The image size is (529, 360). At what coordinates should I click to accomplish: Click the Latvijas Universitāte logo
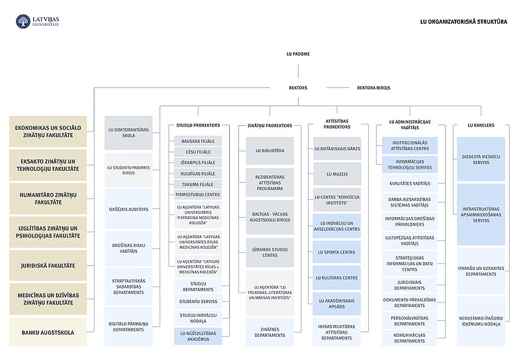pos(38,21)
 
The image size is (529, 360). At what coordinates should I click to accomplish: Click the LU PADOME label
pos(298,54)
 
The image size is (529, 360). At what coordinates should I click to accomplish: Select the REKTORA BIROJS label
pos(373,87)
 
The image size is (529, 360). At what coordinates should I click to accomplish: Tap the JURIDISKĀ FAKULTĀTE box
pos(48,265)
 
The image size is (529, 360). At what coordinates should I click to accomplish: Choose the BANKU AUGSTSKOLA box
pos(48,332)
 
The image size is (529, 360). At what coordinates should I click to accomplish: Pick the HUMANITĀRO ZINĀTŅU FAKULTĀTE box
pos(48,198)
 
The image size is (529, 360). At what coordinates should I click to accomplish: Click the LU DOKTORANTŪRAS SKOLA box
pos(128,132)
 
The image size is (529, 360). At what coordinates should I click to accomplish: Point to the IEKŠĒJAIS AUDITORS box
pos(128,209)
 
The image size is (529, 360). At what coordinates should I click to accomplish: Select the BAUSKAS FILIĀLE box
pos(199,142)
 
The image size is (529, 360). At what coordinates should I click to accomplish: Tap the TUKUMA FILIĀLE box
pos(199,184)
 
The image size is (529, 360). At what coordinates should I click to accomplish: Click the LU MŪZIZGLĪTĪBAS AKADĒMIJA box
pos(199,336)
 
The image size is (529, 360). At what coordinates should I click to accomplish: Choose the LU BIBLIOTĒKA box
pos(270,151)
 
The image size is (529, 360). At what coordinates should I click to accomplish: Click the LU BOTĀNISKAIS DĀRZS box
pos(337,149)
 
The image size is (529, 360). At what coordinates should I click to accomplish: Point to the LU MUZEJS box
pos(337,174)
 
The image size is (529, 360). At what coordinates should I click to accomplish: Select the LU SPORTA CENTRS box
pos(337,252)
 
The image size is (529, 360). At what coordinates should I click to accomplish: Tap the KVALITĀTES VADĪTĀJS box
pos(410,183)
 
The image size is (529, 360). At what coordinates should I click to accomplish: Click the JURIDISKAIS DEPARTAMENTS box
pos(410,285)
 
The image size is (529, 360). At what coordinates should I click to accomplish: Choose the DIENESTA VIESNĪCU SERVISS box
pos(481,159)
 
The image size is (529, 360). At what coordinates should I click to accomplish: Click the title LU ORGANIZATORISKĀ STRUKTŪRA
pos(463,21)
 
